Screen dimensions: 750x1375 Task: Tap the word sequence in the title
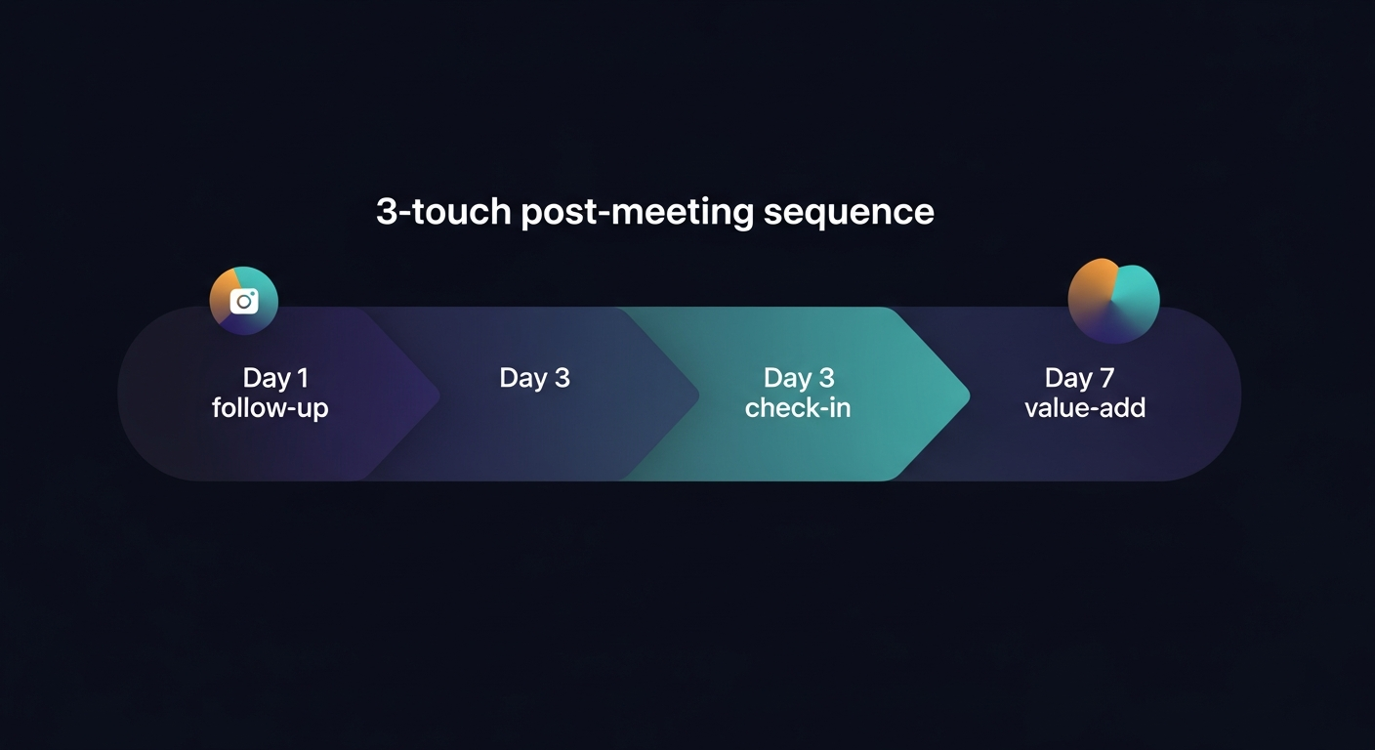coord(849,213)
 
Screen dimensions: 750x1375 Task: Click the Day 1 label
coord(274,378)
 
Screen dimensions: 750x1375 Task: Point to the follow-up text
coord(270,407)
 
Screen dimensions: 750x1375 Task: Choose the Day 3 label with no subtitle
coord(534,378)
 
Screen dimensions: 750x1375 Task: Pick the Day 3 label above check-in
coord(798,378)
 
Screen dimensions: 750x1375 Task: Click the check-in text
coord(798,407)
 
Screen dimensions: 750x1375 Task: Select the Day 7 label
coord(1079,378)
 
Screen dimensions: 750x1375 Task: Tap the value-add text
coord(1084,407)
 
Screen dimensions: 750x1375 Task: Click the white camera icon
coord(243,301)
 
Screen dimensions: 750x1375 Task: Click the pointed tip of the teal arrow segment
coord(966,396)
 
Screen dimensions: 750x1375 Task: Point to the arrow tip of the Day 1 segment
coord(437,396)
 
